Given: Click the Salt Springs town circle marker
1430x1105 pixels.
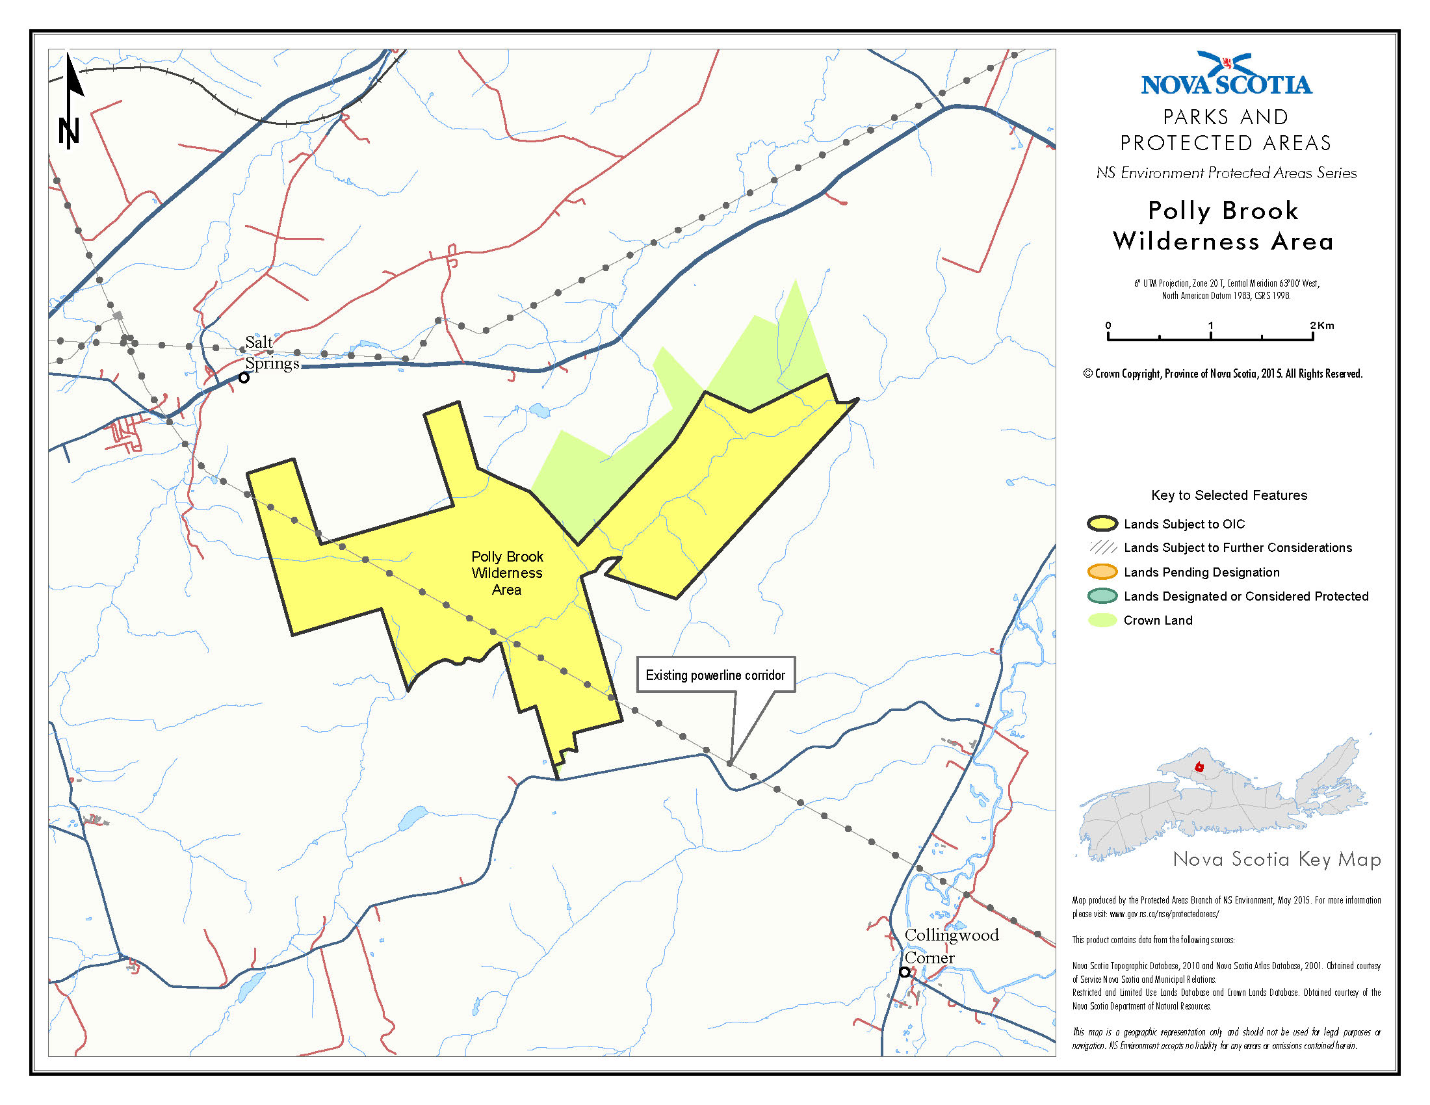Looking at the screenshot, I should click(x=244, y=378).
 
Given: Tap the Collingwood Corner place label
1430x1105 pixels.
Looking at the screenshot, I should click(x=951, y=946).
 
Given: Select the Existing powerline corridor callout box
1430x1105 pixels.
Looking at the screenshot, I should click(x=716, y=675).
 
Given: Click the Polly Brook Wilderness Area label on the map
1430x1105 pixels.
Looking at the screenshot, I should click(x=508, y=573).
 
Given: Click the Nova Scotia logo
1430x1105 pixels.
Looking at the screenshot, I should click(x=1227, y=74).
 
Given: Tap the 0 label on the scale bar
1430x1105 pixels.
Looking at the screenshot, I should click(x=1108, y=326).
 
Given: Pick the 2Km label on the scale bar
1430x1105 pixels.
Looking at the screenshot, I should click(x=1322, y=326).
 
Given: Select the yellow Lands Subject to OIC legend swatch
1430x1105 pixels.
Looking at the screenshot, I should click(x=1102, y=524).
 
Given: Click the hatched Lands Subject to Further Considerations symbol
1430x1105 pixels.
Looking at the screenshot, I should click(x=1102, y=547).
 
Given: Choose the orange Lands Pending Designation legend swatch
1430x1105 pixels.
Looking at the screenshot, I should click(x=1102, y=571).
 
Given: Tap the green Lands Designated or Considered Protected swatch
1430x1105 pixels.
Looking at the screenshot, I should click(x=1102, y=595).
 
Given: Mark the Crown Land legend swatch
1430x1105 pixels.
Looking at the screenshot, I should click(x=1102, y=620).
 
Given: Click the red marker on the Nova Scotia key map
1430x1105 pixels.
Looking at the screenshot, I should click(x=1199, y=767).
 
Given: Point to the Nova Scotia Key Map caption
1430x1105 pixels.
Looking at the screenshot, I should click(x=1277, y=859).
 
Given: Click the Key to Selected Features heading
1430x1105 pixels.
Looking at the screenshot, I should click(x=1229, y=495).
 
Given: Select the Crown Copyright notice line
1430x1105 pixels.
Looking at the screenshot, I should click(x=1223, y=374).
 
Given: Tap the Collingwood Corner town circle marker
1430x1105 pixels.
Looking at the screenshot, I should click(x=904, y=972).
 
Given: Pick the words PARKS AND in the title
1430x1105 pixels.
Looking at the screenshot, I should click(x=1226, y=117).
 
